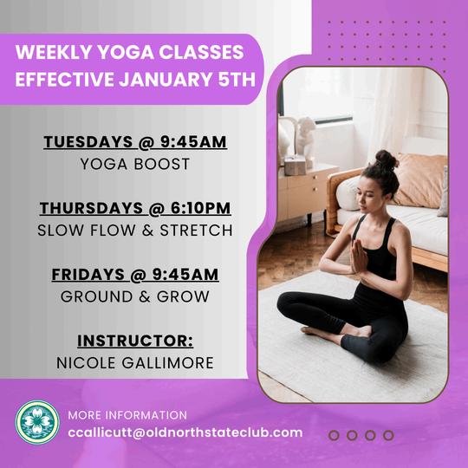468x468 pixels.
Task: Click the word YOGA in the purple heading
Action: click(x=126, y=52)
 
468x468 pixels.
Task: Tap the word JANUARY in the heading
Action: click(x=166, y=79)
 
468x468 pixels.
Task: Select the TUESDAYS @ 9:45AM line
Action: click(x=135, y=141)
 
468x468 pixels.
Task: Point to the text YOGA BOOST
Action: click(x=135, y=164)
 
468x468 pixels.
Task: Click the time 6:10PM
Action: click(x=201, y=208)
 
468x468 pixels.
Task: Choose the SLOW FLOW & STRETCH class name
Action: click(x=135, y=231)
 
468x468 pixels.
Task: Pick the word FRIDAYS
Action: click(x=88, y=274)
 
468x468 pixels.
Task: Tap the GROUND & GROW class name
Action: click(x=135, y=296)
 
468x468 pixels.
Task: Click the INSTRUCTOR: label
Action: click(x=135, y=341)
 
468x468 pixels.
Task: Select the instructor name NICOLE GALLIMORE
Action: click(x=135, y=362)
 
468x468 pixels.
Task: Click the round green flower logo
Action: click(x=37, y=422)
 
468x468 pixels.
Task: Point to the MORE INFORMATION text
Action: click(x=127, y=415)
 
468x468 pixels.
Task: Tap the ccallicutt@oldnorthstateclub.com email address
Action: click(x=185, y=432)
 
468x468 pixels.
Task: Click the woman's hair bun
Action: click(x=387, y=159)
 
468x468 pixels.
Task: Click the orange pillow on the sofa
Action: click(x=421, y=180)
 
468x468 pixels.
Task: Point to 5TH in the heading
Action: click(x=237, y=79)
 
